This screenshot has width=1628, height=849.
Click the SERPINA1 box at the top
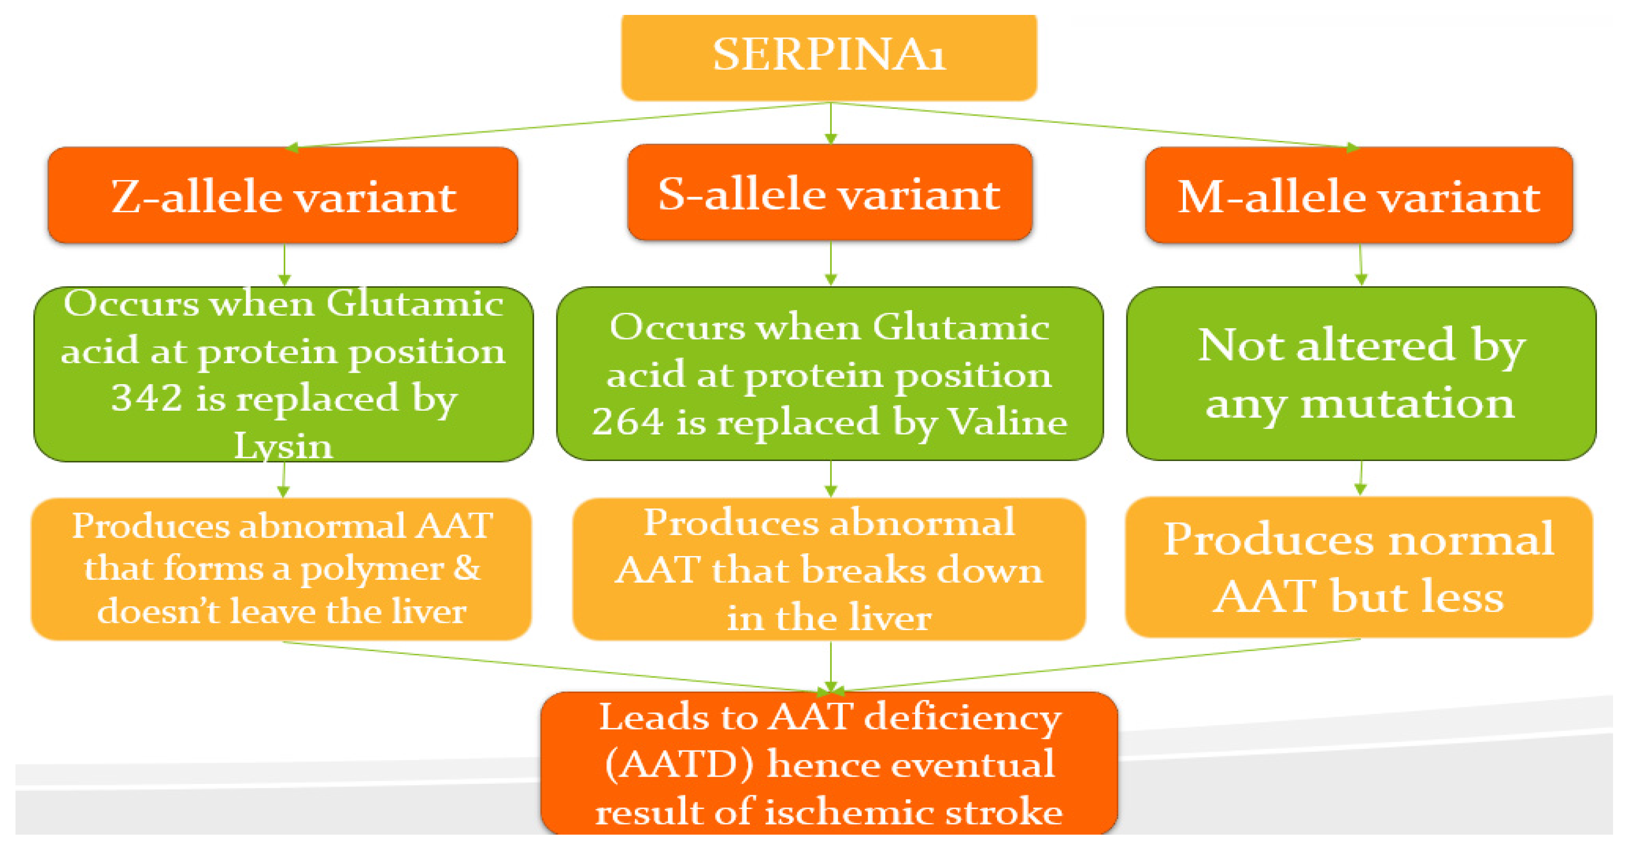point(828,56)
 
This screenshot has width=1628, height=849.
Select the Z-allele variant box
point(283,196)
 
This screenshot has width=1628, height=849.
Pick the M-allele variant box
point(1359,196)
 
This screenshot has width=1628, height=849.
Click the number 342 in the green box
point(147,399)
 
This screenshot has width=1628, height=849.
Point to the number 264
point(627,422)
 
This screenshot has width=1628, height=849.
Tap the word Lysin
point(283,447)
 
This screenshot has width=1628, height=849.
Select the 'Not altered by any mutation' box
point(1361,374)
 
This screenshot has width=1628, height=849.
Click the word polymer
point(371,569)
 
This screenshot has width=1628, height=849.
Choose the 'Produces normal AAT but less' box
point(1359,567)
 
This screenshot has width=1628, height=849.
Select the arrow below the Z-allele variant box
point(284,265)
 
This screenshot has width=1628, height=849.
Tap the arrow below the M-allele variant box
point(1361,265)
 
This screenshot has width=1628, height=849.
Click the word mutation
point(1407,403)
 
